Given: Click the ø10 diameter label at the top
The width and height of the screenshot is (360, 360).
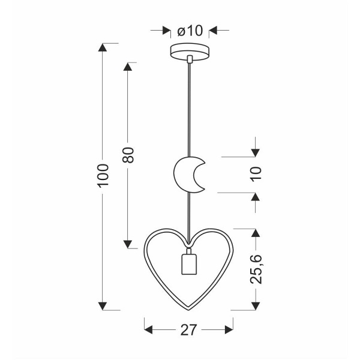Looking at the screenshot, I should point(191,31).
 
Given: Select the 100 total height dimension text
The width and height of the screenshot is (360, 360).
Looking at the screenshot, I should point(104,175).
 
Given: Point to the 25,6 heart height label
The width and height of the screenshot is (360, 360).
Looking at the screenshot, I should point(256,268).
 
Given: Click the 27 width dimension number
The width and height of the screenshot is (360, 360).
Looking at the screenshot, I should point(190,330).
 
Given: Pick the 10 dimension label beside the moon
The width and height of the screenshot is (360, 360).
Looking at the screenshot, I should point(256,174).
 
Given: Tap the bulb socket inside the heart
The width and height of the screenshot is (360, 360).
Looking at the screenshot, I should point(190,265).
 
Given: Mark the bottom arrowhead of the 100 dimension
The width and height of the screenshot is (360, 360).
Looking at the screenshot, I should point(104,306).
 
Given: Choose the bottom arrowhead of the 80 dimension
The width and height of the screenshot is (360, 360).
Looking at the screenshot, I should point(128,243).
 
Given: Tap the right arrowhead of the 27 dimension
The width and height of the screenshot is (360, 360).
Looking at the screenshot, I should point(229,329).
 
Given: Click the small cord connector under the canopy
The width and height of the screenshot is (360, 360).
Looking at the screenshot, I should point(190,59).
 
